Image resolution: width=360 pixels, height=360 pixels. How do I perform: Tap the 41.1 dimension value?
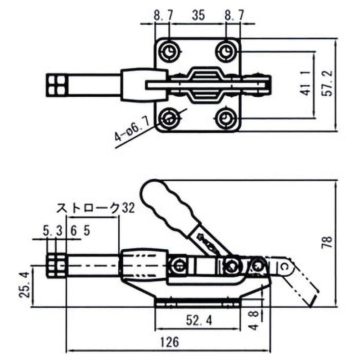point(306,84)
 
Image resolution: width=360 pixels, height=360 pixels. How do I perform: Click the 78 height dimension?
point(328,243)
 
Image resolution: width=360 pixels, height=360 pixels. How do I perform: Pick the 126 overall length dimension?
point(169,342)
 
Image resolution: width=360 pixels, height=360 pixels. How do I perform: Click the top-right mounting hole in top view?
point(225,52)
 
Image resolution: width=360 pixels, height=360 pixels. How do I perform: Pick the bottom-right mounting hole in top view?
point(225,119)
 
